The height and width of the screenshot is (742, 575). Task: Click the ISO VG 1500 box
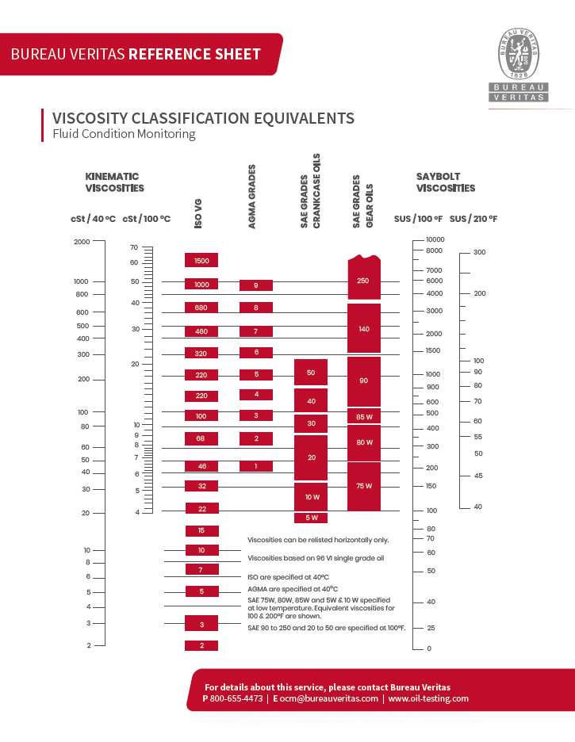pyautogui.click(x=201, y=260)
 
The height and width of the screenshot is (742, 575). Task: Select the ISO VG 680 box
pyautogui.click(x=201, y=308)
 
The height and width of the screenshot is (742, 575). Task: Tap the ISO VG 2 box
pyautogui.click(x=201, y=645)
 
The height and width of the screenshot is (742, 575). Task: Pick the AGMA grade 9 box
pyautogui.click(x=255, y=285)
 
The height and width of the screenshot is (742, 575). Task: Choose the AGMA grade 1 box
pyautogui.click(x=255, y=466)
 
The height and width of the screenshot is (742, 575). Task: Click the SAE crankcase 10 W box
pyautogui.click(x=311, y=496)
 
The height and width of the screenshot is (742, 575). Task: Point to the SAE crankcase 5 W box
pyautogui.click(x=311, y=518)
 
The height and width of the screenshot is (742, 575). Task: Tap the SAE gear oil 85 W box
pyautogui.click(x=363, y=416)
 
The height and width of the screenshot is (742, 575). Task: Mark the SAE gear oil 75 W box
pyautogui.click(x=363, y=486)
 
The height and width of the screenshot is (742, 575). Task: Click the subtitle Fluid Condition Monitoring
pyautogui.click(x=124, y=134)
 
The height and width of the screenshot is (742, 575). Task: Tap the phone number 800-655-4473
pyautogui.click(x=236, y=698)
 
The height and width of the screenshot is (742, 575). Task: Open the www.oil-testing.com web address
pyautogui.click(x=428, y=698)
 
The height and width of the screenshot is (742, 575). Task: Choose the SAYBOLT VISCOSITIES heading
pyautogui.click(x=445, y=182)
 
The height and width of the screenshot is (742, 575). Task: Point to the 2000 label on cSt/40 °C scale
pyautogui.click(x=82, y=242)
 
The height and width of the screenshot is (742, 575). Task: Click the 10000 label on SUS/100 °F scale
pyautogui.click(x=435, y=239)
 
